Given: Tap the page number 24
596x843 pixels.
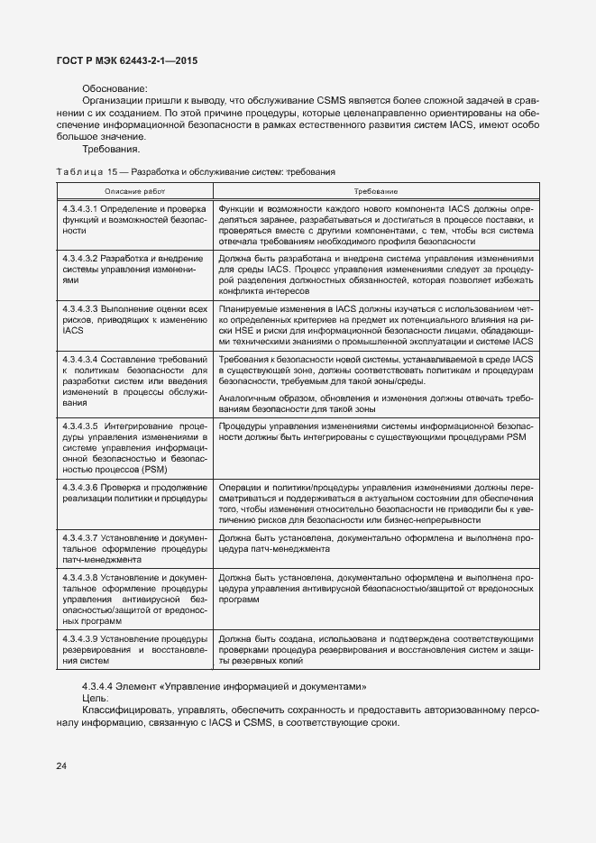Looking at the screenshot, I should [x=62, y=766].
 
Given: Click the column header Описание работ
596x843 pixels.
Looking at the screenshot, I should [x=135, y=191].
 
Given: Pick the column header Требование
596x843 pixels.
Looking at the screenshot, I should [x=377, y=191].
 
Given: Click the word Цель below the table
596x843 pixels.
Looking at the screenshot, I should [x=95, y=698].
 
